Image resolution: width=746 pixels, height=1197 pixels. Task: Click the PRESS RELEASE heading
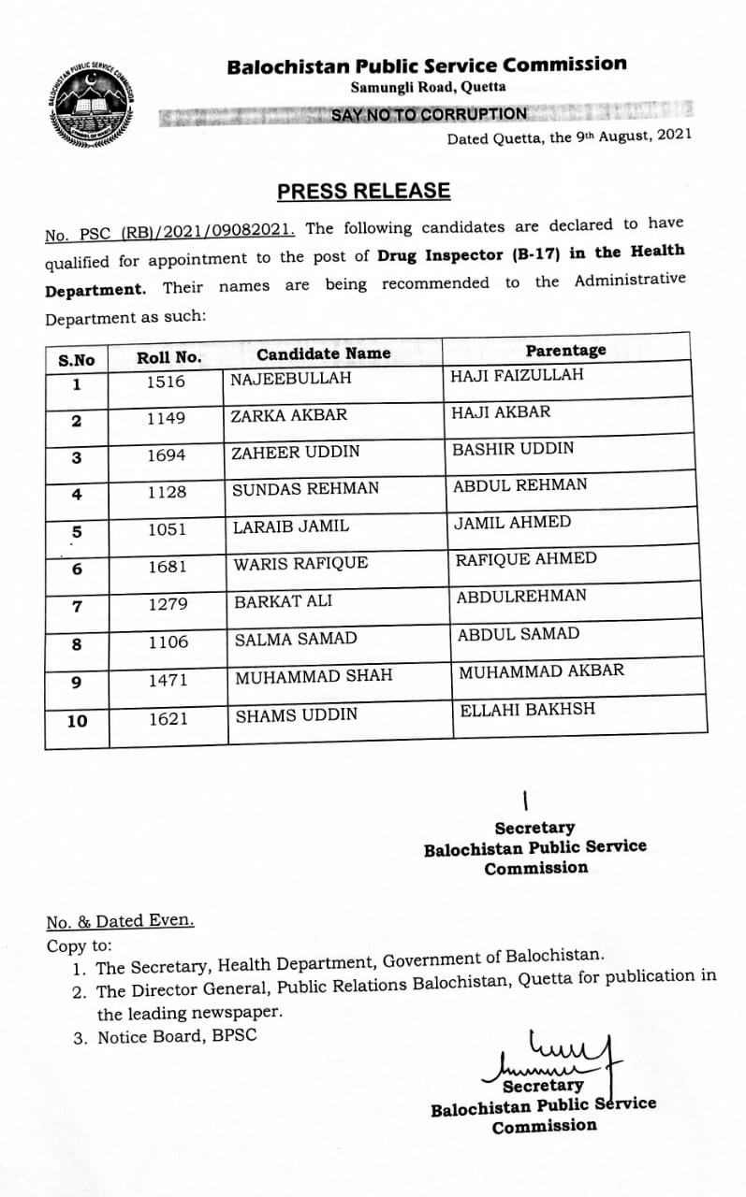[x=363, y=191]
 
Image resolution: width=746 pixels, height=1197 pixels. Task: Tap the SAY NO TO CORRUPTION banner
[x=429, y=114]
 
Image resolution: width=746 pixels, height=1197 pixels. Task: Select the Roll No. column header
[x=168, y=357]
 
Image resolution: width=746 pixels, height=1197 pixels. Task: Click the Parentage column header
[x=565, y=350]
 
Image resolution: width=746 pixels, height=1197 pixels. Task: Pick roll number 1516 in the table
[x=167, y=382]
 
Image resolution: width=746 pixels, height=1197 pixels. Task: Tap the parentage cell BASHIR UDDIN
[x=513, y=449]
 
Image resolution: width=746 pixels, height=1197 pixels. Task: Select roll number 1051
[x=167, y=529]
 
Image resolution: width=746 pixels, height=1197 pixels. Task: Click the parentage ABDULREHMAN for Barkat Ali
[x=521, y=596]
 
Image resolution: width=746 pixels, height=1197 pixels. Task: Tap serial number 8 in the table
[x=77, y=644]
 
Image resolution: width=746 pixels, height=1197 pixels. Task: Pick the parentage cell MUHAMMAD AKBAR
[x=541, y=671]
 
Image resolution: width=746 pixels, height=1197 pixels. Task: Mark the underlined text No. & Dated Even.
[x=121, y=921]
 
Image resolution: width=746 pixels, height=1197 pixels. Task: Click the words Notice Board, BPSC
[x=176, y=1036]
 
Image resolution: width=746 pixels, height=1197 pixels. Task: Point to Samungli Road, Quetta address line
[x=428, y=87]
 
